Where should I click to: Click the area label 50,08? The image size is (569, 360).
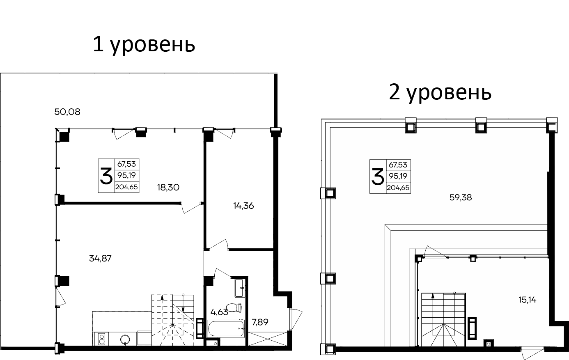click(x=67, y=111)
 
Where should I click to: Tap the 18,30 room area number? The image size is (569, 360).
click(x=168, y=187)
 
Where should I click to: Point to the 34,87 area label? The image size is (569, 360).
click(x=101, y=258)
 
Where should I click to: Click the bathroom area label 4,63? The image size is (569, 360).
click(x=219, y=312)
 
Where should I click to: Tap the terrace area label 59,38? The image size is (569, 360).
click(x=461, y=197)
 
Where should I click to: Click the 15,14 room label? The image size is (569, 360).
click(x=528, y=300)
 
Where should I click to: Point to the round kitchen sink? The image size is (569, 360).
click(x=126, y=339)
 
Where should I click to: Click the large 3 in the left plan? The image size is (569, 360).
click(x=106, y=176)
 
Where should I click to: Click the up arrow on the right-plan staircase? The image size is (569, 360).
click(x=433, y=298)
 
